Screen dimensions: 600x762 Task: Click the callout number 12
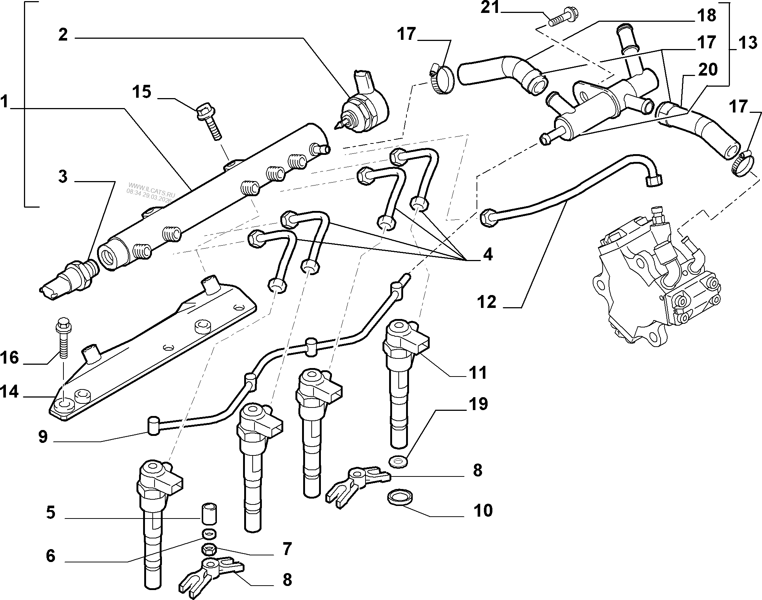tap(486, 302)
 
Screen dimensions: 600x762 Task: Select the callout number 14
tap(9, 392)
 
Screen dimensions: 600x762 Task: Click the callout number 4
tap(488, 254)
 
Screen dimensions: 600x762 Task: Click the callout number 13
tap(748, 44)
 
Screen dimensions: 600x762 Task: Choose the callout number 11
tap(478, 372)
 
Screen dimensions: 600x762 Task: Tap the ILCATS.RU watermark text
tap(151, 192)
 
